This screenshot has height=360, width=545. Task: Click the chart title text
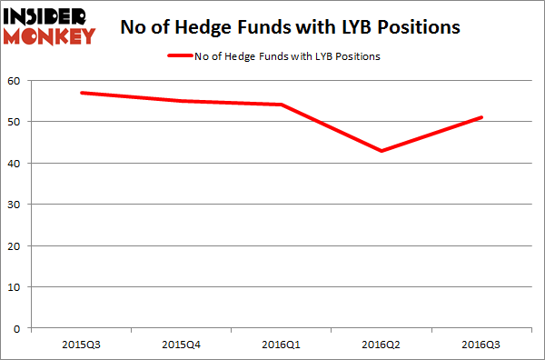coord(291,27)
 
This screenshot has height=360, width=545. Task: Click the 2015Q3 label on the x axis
coord(81,344)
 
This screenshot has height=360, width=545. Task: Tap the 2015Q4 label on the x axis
coord(182,344)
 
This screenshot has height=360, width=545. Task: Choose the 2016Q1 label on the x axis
coord(282,344)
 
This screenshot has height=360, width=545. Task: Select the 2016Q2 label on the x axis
coord(381,344)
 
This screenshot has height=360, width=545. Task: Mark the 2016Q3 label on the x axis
coord(482,344)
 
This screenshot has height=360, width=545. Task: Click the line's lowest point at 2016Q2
coord(381,151)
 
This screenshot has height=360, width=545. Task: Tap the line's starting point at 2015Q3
coord(81,93)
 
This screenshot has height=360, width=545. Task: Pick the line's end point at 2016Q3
coord(482,117)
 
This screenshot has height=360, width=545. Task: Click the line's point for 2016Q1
coord(282,105)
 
